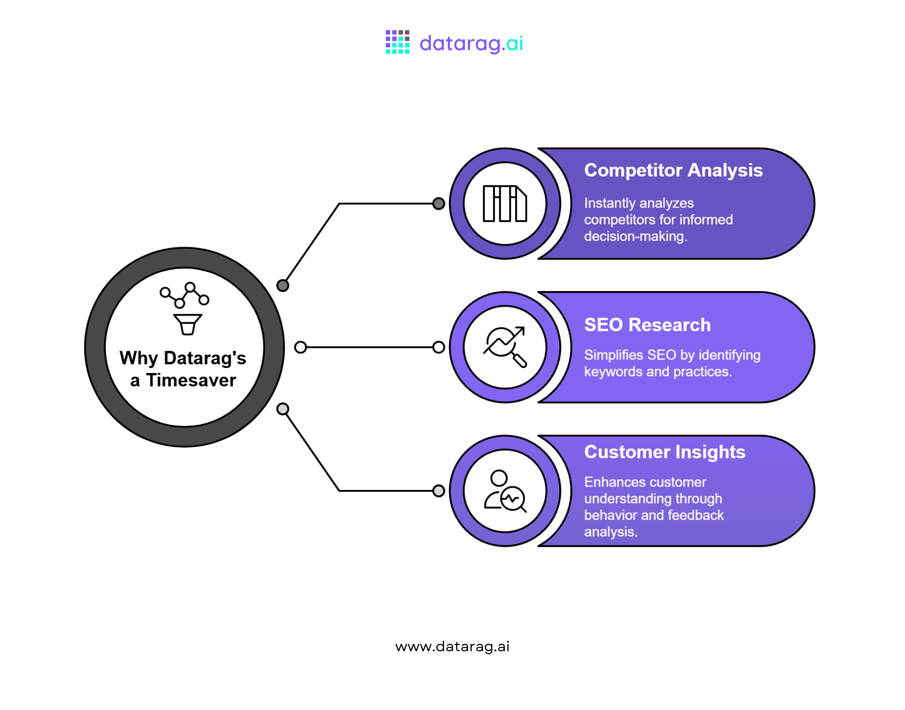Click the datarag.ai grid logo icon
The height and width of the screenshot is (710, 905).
coord(397,42)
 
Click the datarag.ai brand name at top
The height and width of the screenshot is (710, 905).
coord(471,43)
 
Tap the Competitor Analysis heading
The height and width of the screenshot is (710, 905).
coord(673,170)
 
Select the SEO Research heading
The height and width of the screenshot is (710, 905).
coord(647,325)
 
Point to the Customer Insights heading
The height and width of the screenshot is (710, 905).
coord(665,452)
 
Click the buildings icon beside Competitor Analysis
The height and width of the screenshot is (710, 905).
coord(505,204)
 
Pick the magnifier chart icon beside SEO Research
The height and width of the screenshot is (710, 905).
coord(505,347)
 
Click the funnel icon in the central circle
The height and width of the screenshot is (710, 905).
coord(187,324)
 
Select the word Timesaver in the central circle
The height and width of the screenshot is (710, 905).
coord(191,380)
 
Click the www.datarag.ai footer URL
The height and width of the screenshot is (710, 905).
coord(452,646)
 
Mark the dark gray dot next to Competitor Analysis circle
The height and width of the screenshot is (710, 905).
coord(438,204)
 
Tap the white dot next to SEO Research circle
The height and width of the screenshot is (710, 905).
coord(438,347)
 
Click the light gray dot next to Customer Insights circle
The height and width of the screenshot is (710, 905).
coord(438,491)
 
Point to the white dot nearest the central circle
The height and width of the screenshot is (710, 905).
coord(300,347)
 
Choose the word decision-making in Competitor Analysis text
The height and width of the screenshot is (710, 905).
coord(635,236)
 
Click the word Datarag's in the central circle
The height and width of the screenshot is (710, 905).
coord(205,358)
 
